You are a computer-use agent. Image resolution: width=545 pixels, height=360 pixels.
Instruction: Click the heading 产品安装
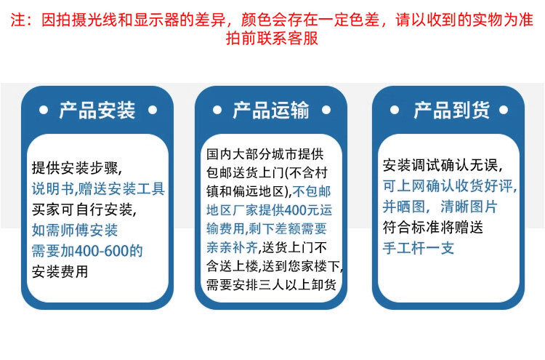click(x=97, y=111)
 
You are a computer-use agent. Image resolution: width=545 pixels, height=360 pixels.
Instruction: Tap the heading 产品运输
click(x=271, y=111)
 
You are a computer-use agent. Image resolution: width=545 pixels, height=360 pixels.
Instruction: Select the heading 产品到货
click(x=451, y=111)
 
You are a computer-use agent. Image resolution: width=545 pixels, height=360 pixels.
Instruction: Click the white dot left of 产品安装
click(x=44, y=111)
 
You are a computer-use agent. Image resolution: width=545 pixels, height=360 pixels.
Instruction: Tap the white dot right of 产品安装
click(x=153, y=111)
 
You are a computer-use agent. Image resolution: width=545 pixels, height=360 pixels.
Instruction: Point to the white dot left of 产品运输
click(x=217, y=111)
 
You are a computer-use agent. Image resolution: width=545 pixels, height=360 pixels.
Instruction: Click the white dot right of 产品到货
click(x=504, y=111)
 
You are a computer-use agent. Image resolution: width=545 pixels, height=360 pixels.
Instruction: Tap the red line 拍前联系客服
click(x=272, y=38)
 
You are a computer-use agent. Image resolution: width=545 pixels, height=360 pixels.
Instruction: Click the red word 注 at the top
click(x=17, y=20)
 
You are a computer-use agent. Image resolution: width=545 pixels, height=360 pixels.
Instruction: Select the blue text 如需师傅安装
click(x=75, y=231)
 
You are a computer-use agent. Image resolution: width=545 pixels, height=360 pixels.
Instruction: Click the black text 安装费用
click(x=60, y=272)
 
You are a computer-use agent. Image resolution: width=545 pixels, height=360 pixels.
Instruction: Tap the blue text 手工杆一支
click(x=419, y=248)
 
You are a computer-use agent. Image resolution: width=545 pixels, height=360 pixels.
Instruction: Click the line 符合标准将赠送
click(x=433, y=228)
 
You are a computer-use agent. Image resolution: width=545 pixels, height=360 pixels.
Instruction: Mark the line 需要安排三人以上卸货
click(x=272, y=285)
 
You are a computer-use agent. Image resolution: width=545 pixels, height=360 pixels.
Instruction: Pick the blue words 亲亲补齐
click(x=233, y=248)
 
